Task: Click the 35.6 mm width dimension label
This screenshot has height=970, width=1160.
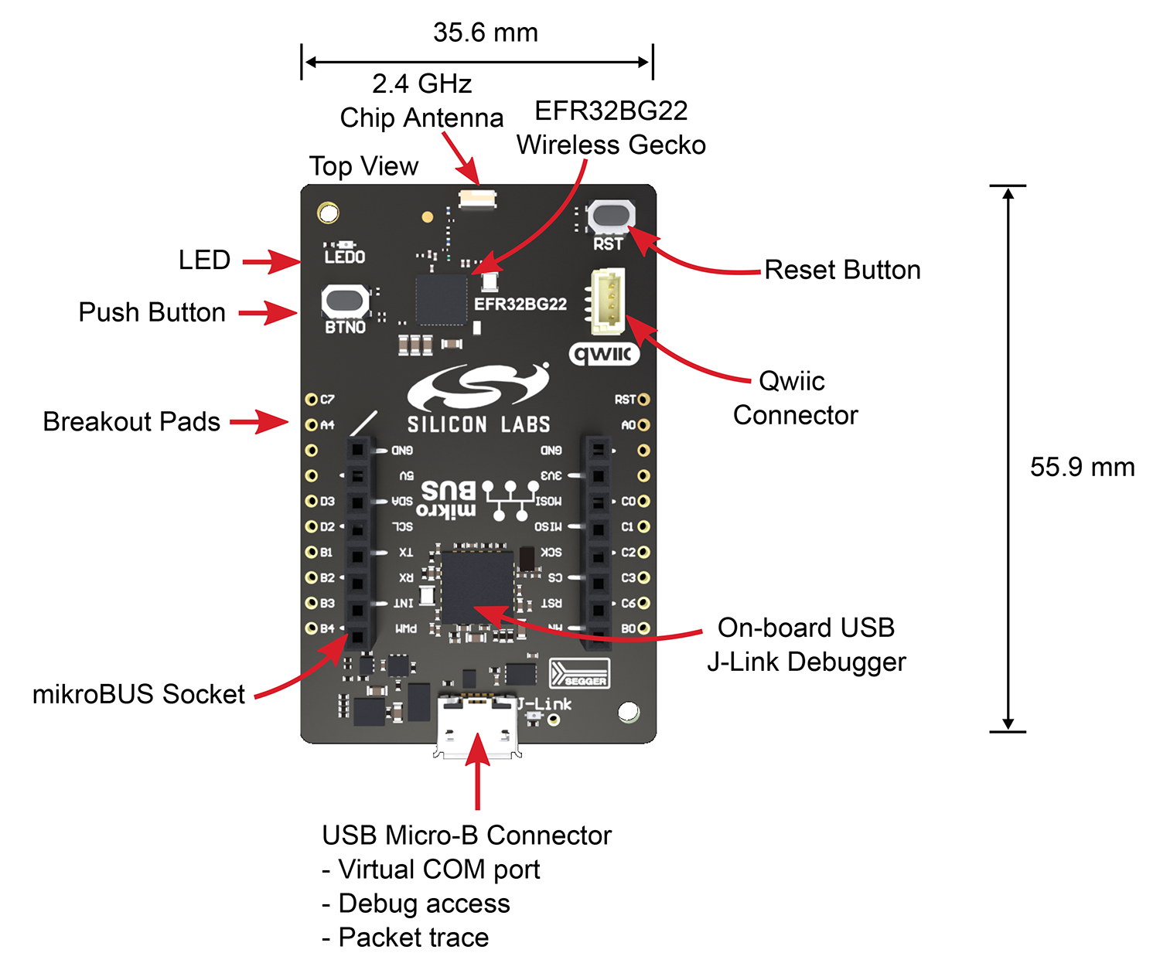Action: click(x=485, y=32)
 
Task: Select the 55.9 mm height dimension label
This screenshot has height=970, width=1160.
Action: click(x=1082, y=467)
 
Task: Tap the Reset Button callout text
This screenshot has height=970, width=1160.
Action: click(x=842, y=270)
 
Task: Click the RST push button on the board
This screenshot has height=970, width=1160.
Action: click(x=611, y=216)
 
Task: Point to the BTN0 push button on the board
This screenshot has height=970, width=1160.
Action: click(x=345, y=301)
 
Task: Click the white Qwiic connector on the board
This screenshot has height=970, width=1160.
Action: click(x=608, y=301)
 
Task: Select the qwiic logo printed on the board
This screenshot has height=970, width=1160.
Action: click(x=605, y=354)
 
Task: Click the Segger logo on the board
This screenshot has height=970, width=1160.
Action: click(x=579, y=674)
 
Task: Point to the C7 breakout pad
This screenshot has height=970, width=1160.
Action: click(x=312, y=400)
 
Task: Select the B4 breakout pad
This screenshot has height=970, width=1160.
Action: click(x=312, y=628)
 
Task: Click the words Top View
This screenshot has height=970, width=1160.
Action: click(x=363, y=166)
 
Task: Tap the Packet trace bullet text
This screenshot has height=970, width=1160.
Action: click(x=413, y=938)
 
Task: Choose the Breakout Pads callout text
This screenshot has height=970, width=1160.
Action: click(x=131, y=421)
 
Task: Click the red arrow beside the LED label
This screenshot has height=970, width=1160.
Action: click(x=271, y=261)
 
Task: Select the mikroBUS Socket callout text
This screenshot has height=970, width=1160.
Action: click(x=138, y=694)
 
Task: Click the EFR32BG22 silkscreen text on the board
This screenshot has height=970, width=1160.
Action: click(x=520, y=304)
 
